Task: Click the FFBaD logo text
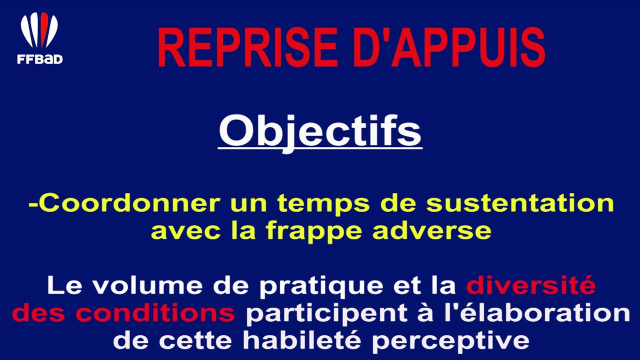point(39,59)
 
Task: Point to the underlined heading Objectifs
point(320,131)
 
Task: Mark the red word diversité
point(531,286)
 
